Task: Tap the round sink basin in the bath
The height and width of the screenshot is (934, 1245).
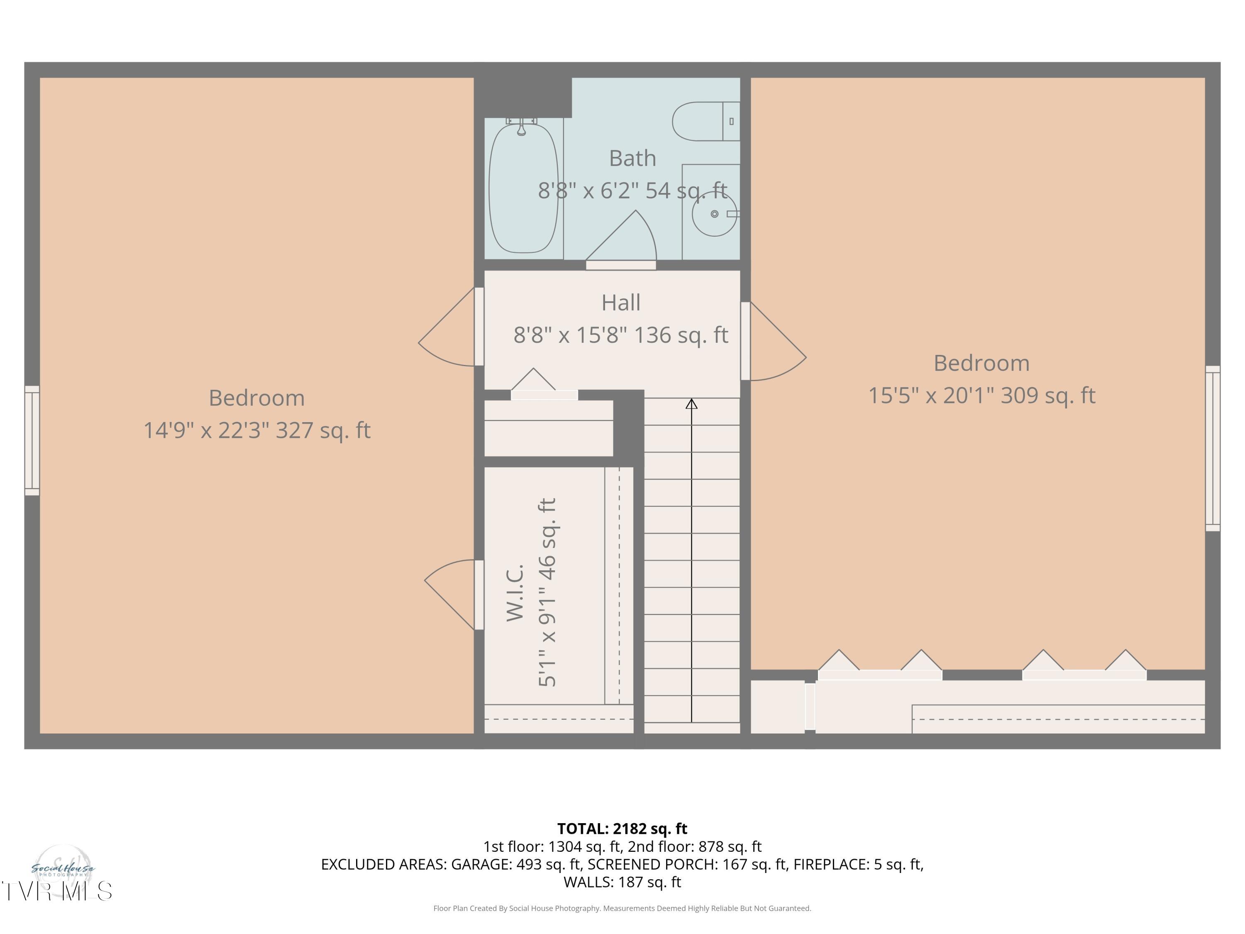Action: pos(714,214)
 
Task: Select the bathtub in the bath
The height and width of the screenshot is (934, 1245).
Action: pos(523,188)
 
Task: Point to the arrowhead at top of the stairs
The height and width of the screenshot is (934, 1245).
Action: pos(691,403)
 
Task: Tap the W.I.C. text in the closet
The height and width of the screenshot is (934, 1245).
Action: pos(515,592)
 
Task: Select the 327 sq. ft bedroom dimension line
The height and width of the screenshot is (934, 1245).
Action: pos(256,430)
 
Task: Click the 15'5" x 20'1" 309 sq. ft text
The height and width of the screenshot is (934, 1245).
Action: pos(981,395)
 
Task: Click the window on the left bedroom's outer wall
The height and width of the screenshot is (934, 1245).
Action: pos(32,440)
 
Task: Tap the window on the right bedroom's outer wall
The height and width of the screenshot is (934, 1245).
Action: pos(1212,448)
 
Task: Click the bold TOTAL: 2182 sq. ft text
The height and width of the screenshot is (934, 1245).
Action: pos(622,829)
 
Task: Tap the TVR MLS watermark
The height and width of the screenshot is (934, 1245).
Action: pos(56,891)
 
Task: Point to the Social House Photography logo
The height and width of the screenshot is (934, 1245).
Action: pos(63,869)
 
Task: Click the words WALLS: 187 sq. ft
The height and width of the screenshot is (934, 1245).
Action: pos(622,882)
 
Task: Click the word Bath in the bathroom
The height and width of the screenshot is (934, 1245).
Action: pos(632,158)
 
